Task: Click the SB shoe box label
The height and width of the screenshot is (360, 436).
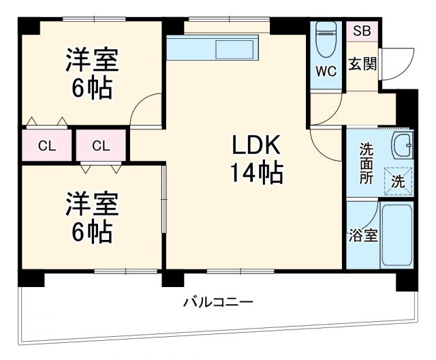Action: point(362,31)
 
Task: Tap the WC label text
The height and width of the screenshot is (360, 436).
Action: point(326,72)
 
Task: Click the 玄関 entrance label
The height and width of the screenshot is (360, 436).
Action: point(361,64)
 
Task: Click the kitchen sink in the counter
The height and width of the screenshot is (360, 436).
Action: point(235,50)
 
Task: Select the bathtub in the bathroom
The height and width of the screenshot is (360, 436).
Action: point(396,235)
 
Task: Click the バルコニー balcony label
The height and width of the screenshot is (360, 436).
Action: point(218,301)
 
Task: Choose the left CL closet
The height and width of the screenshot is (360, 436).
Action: point(46,145)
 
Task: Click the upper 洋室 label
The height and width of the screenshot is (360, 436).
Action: point(92,60)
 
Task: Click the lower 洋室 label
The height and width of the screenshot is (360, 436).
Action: point(92,203)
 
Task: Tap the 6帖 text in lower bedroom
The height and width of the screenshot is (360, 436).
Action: point(92,232)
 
